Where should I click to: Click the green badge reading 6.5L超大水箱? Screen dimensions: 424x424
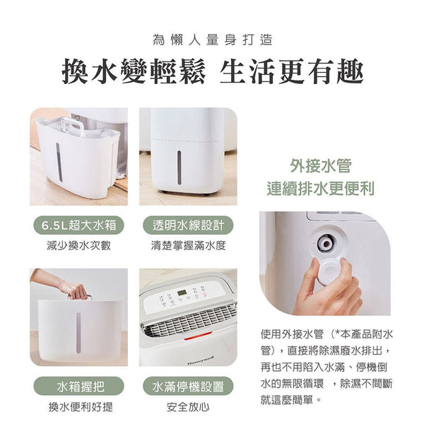[x=78, y=225]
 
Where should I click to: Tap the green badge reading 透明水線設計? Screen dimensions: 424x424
[x=188, y=225]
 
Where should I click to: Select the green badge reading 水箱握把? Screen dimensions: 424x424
[x=78, y=386]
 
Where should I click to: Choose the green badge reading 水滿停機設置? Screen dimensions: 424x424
[x=188, y=386]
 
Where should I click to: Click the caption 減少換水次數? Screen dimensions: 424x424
[x=78, y=246]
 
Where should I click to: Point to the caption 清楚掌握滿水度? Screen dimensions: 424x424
[x=188, y=246]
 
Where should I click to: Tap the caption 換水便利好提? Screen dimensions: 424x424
[x=81, y=407]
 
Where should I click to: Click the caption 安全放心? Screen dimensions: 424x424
[x=188, y=407]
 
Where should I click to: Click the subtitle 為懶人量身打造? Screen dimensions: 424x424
[x=213, y=40]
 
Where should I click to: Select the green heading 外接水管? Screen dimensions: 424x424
[x=321, y=165]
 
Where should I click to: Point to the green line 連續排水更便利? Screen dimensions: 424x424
[x=321, y=188]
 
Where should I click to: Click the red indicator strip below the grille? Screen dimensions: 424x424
[x=198, y=336]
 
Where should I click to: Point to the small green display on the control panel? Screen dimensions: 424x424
[x=181, y=293]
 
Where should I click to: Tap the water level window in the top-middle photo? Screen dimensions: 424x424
[x=179, y=167]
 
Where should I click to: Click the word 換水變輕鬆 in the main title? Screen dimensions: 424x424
[x=134, y=71]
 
